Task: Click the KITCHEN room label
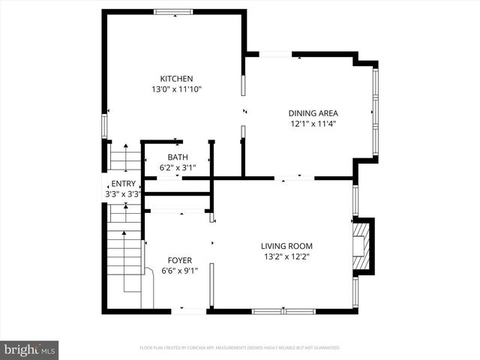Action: [x=176, y=79]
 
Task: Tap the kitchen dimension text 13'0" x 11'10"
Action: [x=176, y=89]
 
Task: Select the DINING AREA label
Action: [x=313, y=113]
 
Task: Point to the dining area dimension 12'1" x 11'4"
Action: [x=313, y=124]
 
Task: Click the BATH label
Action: [x=178, y=157]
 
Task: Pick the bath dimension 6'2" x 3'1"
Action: [x=178, y=167]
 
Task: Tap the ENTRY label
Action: [x=122, y=184]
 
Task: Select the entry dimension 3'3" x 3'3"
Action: [x=122, y=193]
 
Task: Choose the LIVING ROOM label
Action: [x=286, y=246]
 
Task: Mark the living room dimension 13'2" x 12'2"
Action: [x=286, y=256]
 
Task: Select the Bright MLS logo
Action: [x=30, y=349]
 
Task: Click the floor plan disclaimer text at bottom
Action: [x=240, y=348]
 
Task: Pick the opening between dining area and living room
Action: [x=294, y=178]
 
